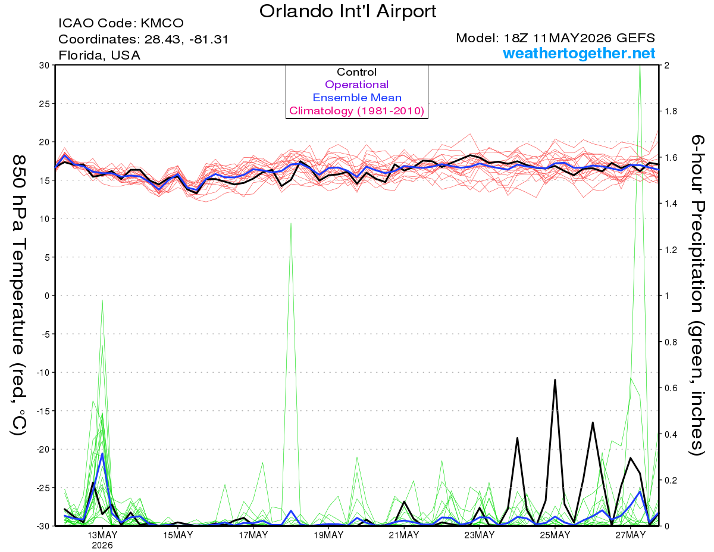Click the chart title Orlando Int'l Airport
coord(347,11)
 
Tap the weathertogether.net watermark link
coord(578,53)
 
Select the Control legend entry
coord(356,72)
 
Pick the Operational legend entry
coord(356,85)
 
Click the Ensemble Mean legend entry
coord(357,98)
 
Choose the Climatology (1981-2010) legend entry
coord(356,111)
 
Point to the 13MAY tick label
coord(102,535)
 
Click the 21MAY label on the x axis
coord(404,535)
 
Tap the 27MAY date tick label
coord(630,535)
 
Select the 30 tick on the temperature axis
coord(45,66)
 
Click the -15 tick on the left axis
coord(42,411)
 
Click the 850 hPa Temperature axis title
coord(18,295)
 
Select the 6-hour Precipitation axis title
coord(697,295)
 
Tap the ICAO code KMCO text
coord(121,23)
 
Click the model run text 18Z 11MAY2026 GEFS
coord(555,38)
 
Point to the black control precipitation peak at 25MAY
coord(555,380)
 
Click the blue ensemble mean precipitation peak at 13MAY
coord(102,454)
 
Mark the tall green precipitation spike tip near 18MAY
coord(291,223)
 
